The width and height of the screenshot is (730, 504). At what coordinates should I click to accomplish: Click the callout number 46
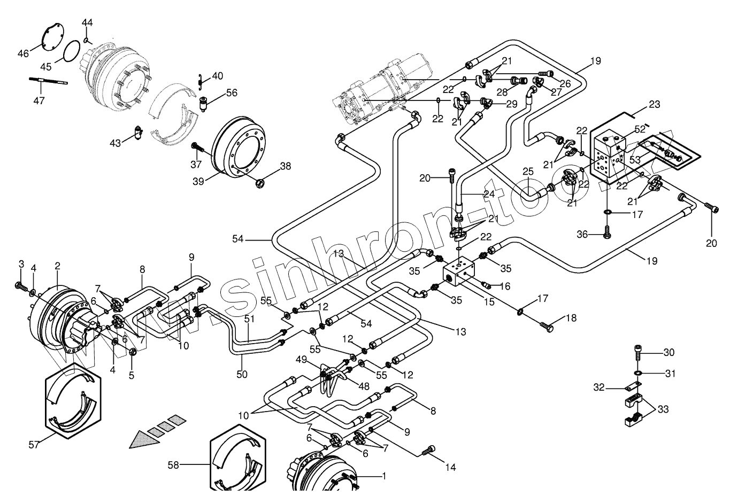(x=23, y=53)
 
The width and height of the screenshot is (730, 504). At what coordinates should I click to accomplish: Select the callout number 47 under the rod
(x=39, y=100)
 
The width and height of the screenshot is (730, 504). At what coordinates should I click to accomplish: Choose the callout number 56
(x=231, y=92)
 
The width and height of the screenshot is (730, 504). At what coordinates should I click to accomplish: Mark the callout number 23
(x=655, y=104)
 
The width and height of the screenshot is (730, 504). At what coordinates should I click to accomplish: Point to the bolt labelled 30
(x=637, y=353)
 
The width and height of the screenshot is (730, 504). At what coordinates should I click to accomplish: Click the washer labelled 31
(x=637, y=372)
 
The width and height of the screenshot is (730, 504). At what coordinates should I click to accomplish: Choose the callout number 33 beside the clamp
(x=663, y=409)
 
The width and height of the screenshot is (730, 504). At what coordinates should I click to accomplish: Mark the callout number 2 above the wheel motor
(x=57, y=266)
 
